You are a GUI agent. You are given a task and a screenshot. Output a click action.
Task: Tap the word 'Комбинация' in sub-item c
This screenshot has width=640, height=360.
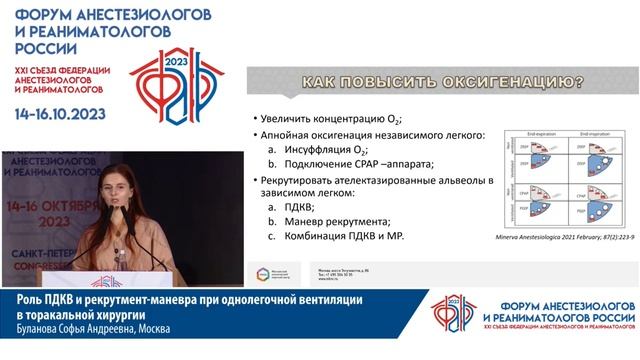[312, 236]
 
